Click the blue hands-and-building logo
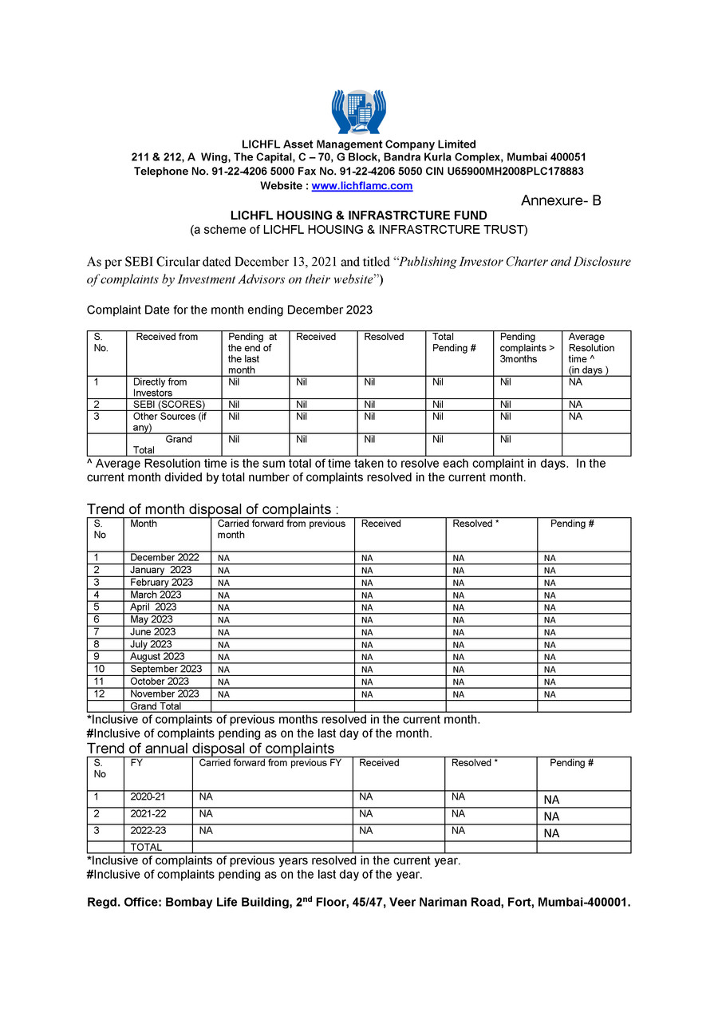[358, 112]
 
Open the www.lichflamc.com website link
[361, 186]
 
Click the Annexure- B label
[561, 201]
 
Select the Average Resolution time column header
[591, 353]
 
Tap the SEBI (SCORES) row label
[169, 405]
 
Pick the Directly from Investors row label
[160, 387]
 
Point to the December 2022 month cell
[164, 558]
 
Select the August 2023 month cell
[157, 657]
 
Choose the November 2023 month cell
[164, 694]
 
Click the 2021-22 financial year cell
[148, 814]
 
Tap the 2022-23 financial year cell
[148, 831]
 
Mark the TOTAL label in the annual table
[146, 848]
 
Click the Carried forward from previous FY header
[270, 763]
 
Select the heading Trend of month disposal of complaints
[212, 509]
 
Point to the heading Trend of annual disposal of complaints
[210, 749]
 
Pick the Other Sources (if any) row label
[169, 421]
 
